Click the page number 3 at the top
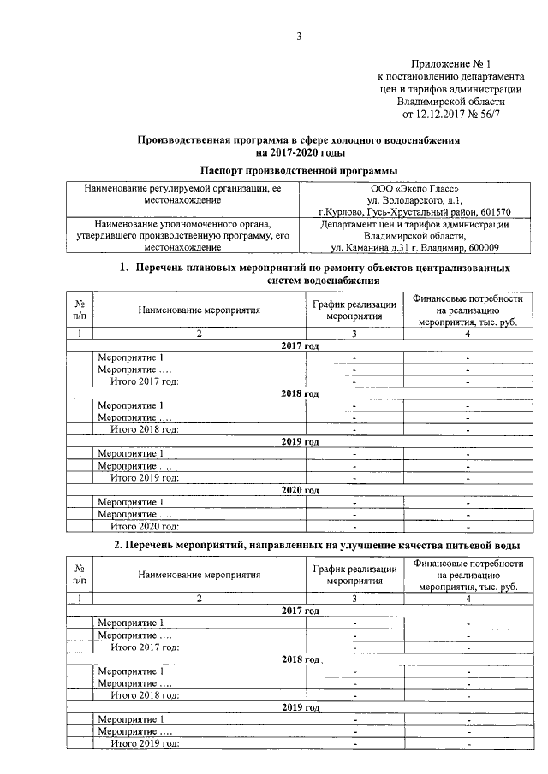click(x=299, y=36)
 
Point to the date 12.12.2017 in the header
click(x=442, y=112)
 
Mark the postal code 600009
click(x=482, y=248)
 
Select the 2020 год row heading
click(x=300, y=490)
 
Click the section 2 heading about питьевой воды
click(x=317, y=546)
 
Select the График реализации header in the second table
click(x=354, y=575)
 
